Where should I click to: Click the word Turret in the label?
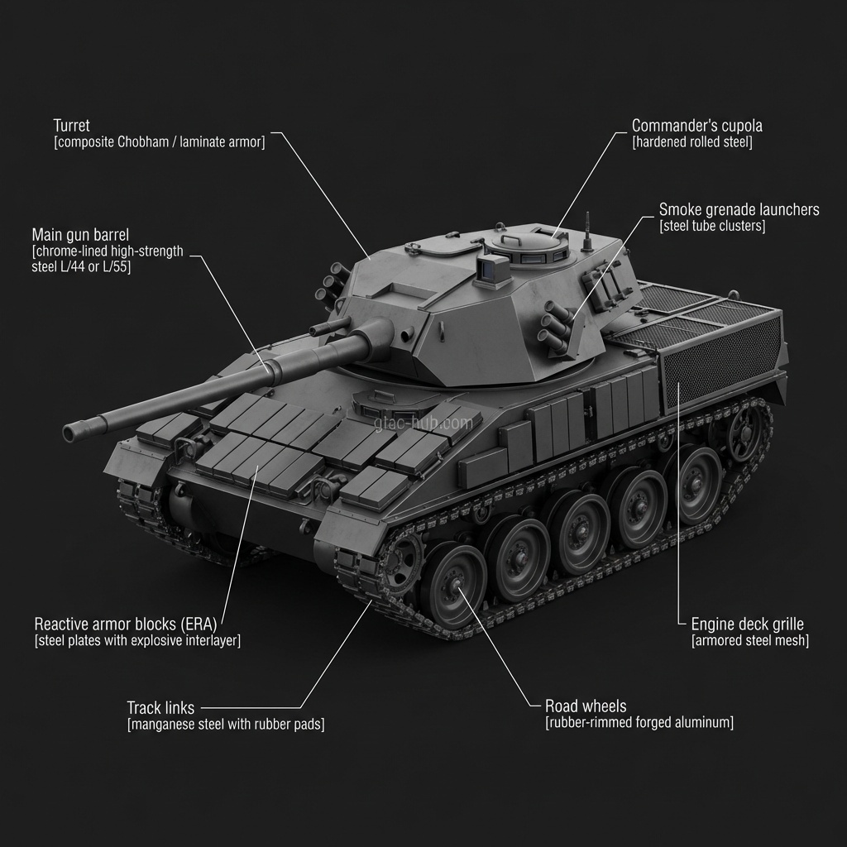pyautogui.click(x=71, y=126)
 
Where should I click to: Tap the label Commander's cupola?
pyautogui.click(x=696, y=126)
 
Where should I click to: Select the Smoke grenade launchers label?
pyautogui.click(x=739, y=209)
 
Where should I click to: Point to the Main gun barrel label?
pyautogui.click(x=80, y=234)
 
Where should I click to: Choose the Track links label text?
pyautogui.click(x=160, y=708)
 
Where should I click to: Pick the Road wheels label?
pyautogui.click(x=586, y=706)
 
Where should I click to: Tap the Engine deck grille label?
pyautogui.click(x=747, y=624)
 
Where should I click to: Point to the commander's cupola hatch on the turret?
pyautogui.click(x=529, y=243)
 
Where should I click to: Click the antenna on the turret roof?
pyautogui.click(x=587, y=231)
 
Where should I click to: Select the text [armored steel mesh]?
pyautogui.click(x=749, y=640)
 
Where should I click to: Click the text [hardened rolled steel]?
pyautogui.click(x=691, y=142)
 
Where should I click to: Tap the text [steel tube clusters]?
pyautogui.click(x=712, y=226)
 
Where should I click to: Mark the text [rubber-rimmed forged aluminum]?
pyautogui.click(x=639, y=723)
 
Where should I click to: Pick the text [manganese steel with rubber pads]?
pyautogui.click(x=225, y=725)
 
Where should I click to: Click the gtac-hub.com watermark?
pyautogui.click(x=423, y=423)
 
